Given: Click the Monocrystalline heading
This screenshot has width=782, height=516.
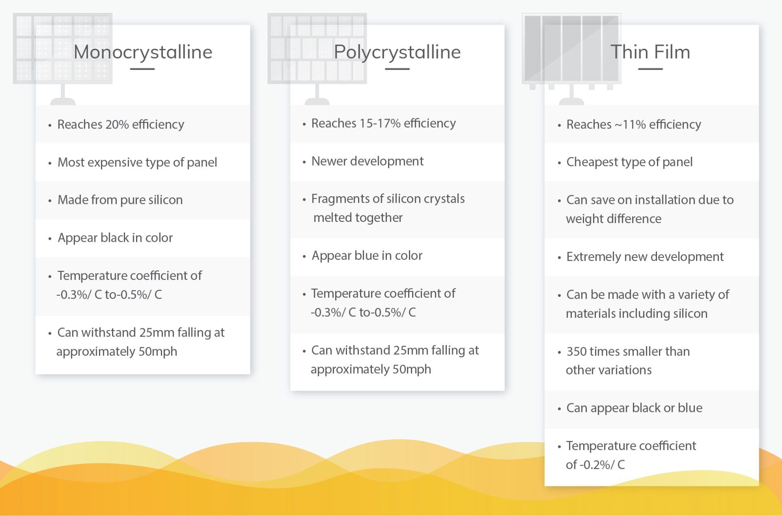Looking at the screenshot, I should pyautogui.click(x=143, y=52).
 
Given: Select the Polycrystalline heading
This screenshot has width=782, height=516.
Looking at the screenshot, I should pyautogui.click(x=397, y=52).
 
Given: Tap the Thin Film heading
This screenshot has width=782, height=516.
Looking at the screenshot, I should pyautogui.click(x=650, y=52).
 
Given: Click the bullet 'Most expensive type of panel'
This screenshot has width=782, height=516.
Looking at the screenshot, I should pyautogui.click(x=137, y=162).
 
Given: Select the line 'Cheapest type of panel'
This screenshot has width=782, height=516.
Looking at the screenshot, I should pyautogui.click(x=629, y=162).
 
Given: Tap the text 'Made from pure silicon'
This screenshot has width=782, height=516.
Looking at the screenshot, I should pyautogui.click(x=120, y=200).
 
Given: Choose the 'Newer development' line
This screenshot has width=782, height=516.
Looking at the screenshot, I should pyautogui.click(x=367, y=161).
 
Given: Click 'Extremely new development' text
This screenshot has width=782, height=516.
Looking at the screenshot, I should pyautogui.click(x=645, y=257).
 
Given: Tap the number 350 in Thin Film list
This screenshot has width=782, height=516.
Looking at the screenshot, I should pyautogui.click(x=576, y=351).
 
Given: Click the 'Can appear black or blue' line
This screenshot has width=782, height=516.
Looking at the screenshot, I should pyautogui.click(x=634, y=408).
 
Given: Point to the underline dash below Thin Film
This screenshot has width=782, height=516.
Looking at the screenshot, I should pyautogui.click(x=650, y=69).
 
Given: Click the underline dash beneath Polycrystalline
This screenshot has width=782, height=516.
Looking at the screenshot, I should pyautogui.click(x=397, y=69).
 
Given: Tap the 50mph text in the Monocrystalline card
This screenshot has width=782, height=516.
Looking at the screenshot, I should pyautogui.click(x=158, y=352).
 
